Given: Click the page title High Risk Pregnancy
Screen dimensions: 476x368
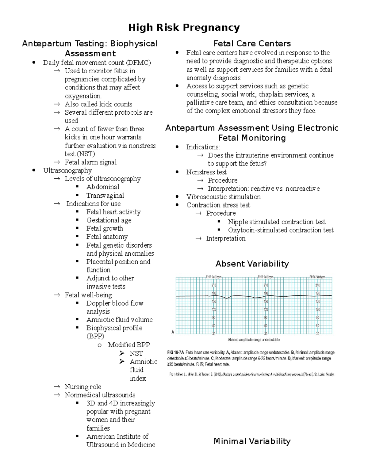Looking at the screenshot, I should pyautogui.click(x=184, y=28).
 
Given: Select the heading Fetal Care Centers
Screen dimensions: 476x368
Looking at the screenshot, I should pyautogui.click(x=252, y=44).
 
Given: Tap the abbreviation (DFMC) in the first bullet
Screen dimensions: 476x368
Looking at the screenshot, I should pyautogui.click(x=138, y=63).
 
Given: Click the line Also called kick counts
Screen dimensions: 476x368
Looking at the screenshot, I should pyautogui.click(x=98, y=104).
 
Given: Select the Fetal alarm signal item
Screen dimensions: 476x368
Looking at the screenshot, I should pyautogui.click(x=90, y=162).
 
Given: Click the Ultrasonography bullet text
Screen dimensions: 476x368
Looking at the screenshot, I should pyautogui.click(x=67, y=170).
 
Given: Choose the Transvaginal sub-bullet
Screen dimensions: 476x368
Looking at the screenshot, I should pyautogui.click(x=105, y=196).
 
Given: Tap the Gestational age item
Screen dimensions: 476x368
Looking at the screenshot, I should pyautogui.click(x=109, y=220).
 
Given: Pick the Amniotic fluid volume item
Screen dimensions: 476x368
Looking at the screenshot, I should pyautogui.click(x=119, y=320).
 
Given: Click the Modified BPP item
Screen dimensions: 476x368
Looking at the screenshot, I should pyautogui.click(x=129, y=345).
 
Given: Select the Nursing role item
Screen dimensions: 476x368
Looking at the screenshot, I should pyautogui.click(x=83, y=387).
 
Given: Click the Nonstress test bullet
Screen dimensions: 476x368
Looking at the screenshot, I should pyautogui.click(x=206, y=172).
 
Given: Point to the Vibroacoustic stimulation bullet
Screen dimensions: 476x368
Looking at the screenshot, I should pyautogui.click(x=223, y=197).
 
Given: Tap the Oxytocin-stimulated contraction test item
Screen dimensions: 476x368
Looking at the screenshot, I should pyautogui.click(x=281, y=230).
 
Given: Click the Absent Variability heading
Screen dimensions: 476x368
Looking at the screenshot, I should pyautogui.click(x=252, y=264).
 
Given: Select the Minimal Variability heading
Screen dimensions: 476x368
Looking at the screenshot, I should pyautogui.click(x=252, y=441).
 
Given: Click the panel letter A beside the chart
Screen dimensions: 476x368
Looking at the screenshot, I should pyautogui.click(x=173, y=332).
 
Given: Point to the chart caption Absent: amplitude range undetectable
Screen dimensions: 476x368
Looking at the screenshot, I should pyautogui.click(x=253, y=340).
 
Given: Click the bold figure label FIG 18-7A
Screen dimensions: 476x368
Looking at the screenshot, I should pyautogui.click(x=175, y=352).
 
